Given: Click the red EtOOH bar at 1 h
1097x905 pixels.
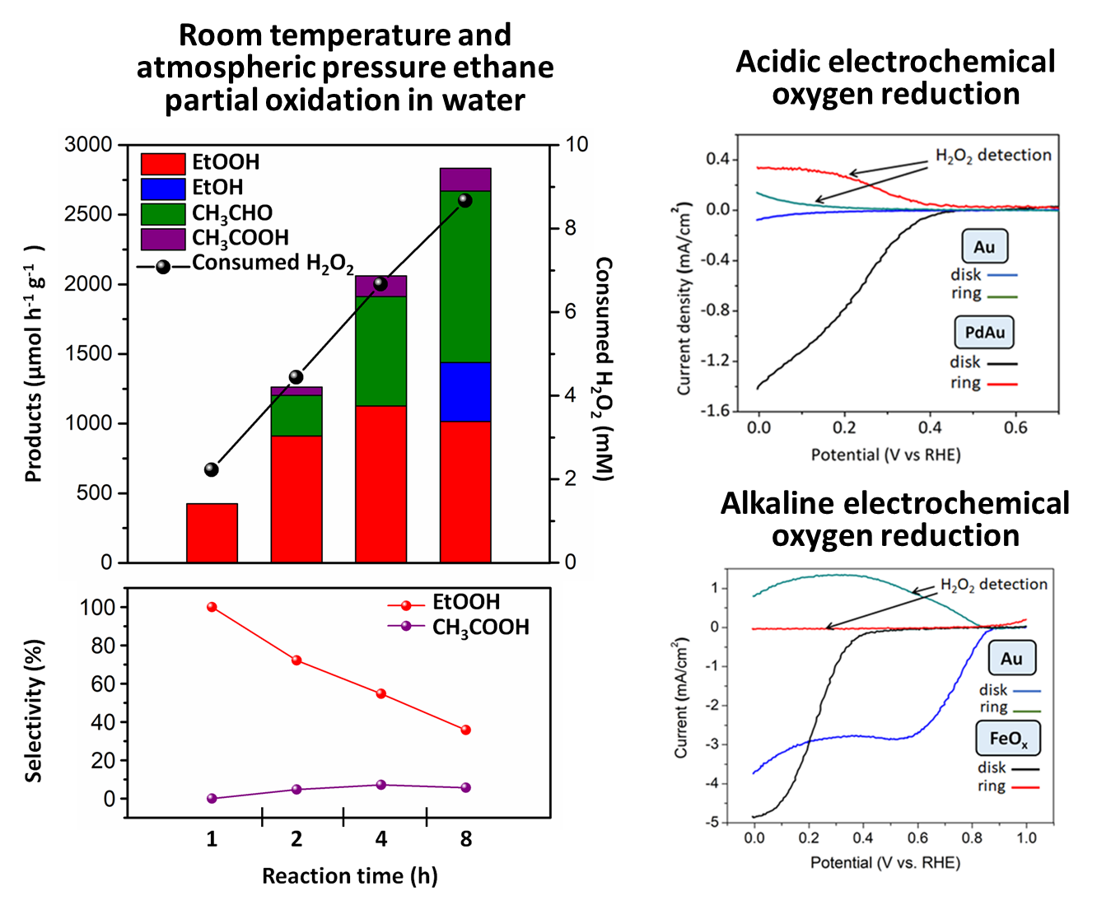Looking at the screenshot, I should tap(212, 533).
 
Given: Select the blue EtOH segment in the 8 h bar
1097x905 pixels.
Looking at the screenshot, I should tap(465, 392).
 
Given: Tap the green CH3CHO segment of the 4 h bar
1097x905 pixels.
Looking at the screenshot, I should tap(380, 351).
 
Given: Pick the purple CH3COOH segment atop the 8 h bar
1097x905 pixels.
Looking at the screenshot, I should tap(465, 180).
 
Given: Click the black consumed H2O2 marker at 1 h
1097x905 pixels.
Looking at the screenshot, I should tap(212, 469).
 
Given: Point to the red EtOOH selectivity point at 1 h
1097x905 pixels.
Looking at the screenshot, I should tap(212, 607).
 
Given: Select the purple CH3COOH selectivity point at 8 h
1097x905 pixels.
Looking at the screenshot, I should tap(465, 788).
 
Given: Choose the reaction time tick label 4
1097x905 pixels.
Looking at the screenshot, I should tap(380, 839).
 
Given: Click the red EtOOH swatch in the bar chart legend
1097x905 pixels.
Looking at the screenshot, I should tap(163, 163).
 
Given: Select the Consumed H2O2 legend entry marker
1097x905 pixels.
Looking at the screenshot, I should tap(163, 267).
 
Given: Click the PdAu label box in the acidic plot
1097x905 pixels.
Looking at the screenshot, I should tap(985, 333).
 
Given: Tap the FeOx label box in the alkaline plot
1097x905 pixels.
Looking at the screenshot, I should tap(1008, 739).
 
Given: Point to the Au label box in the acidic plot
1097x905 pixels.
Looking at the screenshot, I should tap(984, 247).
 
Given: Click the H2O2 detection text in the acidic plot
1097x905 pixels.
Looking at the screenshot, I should tap(993, 156).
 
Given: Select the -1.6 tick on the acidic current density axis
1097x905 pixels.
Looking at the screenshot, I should tap(717, 411).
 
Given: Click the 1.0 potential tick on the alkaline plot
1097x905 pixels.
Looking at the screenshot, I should tap(1026, 838).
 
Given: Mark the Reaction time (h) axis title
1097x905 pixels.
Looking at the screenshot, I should tap(349, 876).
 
